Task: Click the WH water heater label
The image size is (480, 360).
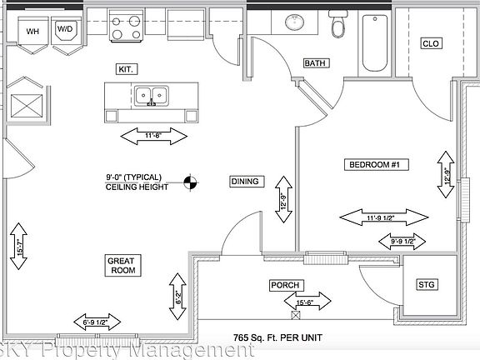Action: pyautogui.click(x=33, y=32)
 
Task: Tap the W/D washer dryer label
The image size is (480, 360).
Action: pyautogui.click(x=65, y=30)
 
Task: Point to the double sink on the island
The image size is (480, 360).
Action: pyautogui.click(x=152, y=97)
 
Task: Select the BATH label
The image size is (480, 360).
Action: pyautogui.click(x=315, y=63)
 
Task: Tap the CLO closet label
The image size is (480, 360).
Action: pyautogui.click(x=431, y=43)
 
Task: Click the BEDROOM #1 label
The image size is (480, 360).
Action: pyautogui.click(x=373, y=165)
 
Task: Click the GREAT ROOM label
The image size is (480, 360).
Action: pyautogui.click(x=121, y=266)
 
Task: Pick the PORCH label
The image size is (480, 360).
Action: pyautogui.click(x=284, y=285)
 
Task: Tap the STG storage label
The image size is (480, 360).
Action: pyautogui.click(x=429, y=285)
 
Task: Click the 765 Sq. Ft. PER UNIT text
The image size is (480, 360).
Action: pyautogui.click(x=278, y=337)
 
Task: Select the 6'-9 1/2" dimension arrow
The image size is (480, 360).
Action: pyautogui.click(x=96, y=322)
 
